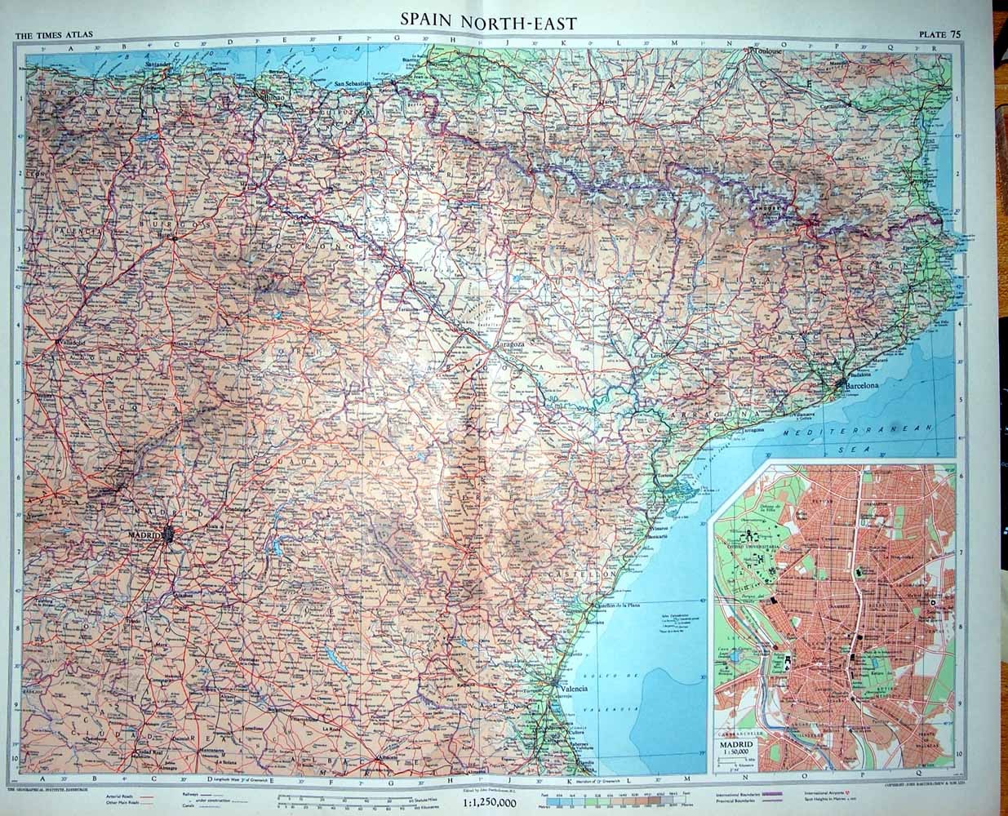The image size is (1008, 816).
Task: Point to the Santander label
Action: (x=160, y=64)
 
